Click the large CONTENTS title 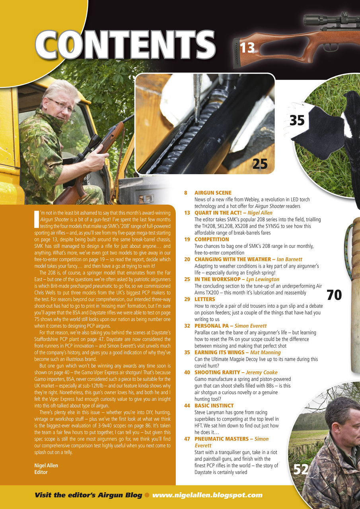coord(125,46)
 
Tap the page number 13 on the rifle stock coord(247,48)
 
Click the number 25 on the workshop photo coord(260,163)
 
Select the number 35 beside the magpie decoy coord(297,120)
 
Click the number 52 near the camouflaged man coord(301,470)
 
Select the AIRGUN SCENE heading coord(212,193)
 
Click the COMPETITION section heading coord(212,239)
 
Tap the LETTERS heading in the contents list coord(204,299)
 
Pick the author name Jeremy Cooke coord(263,373)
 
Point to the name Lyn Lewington coord(263,280)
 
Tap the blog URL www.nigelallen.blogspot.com coord(207,495)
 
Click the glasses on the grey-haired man coord(62,105)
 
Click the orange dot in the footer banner coord(147,495)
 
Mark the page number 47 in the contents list coord(187,439)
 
